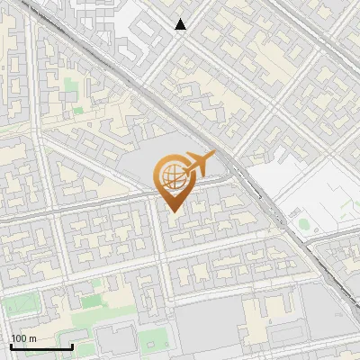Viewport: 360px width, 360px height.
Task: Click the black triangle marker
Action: pyautogui.click(x=181, y=24)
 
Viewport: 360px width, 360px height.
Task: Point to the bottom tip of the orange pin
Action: pyautogui.click(x=173, y=212)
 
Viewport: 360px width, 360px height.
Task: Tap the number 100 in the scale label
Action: pyautogui.click(x=20, y=338)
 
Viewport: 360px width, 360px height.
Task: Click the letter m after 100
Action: pyautogui.click(x=32, y=338)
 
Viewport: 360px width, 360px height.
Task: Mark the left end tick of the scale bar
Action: pyautogui.click(x=11, y=345)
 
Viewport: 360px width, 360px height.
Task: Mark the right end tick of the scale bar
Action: pyautogui.click(x=72, y=345)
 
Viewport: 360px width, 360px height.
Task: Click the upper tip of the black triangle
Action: pyautogui.click(x=181, y=19)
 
